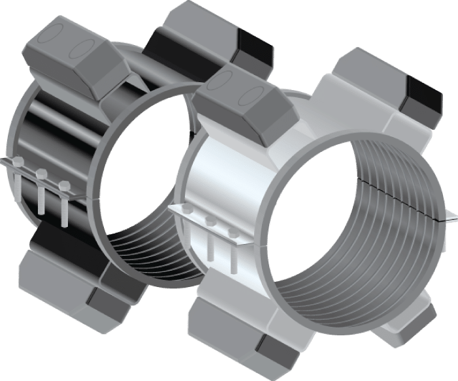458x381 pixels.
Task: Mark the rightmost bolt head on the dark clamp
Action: (63, 185)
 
